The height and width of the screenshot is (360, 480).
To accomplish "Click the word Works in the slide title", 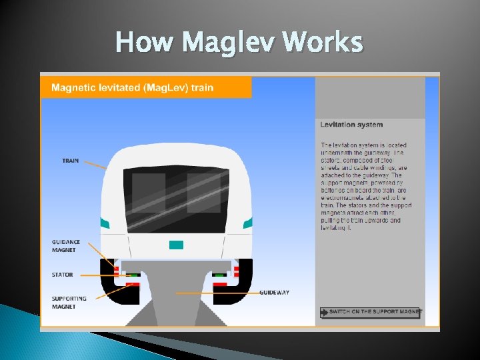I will tap(323, 43).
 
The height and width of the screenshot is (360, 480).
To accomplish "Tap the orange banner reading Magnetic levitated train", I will tap(146, 88).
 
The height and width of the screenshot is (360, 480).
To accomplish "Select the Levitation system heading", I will tap(351, 125).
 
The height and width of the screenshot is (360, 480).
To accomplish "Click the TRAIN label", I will tap(71, 161).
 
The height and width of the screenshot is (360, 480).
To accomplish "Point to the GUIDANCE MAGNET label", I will tap(66, 245).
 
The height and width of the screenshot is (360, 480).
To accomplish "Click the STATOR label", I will tap(63, 275).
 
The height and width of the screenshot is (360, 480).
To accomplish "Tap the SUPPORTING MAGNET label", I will tap(69, 302).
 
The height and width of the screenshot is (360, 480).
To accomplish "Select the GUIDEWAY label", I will tap(274, 293).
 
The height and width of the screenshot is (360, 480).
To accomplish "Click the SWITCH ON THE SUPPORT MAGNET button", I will tap(371, 312).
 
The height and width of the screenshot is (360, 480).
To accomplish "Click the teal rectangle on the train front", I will tap(176, 245).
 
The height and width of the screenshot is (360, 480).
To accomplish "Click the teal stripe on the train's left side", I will tap(104, 223).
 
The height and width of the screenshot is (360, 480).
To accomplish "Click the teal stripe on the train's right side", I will tap(247, 223).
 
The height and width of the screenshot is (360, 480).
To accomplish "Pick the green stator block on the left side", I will tap(133, 275).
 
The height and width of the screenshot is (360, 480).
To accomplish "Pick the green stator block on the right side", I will tap(219, 275).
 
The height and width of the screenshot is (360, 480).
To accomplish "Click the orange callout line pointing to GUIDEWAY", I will tap(217, 293).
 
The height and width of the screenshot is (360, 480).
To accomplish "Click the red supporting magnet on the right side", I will tap(220, 285).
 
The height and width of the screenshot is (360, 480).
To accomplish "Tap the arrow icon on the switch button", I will tap(325, 312).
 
